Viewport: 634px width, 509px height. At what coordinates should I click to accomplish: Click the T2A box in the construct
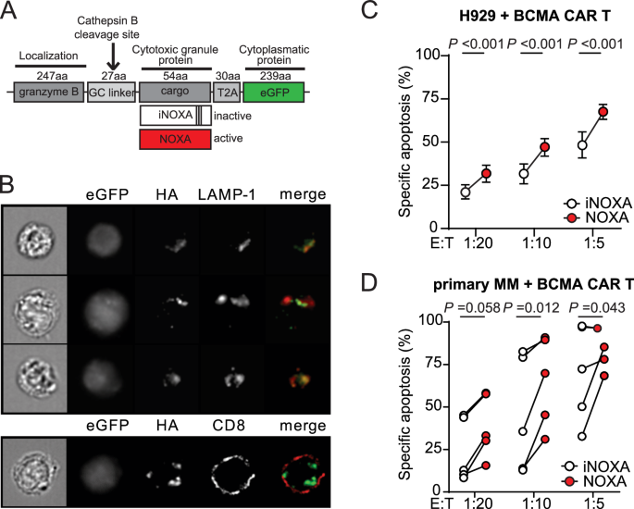[227, 95]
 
